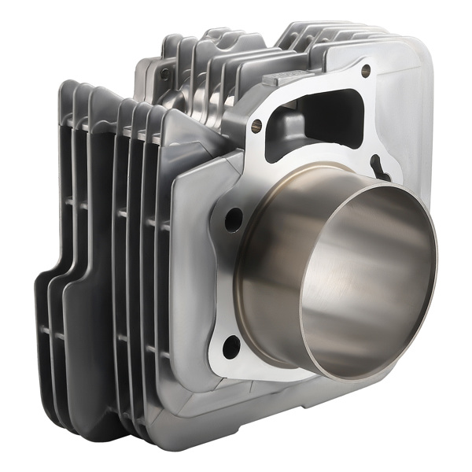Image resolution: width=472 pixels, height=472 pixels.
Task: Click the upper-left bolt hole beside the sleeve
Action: point(234,220)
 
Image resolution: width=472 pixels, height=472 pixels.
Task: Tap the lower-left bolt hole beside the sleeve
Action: point(230,343)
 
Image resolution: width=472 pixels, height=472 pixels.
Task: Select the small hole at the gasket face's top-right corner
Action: point(366,71)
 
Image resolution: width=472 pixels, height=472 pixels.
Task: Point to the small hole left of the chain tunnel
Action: point(256,123)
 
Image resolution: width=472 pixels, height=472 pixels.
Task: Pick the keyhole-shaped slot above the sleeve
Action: point(384,167)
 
